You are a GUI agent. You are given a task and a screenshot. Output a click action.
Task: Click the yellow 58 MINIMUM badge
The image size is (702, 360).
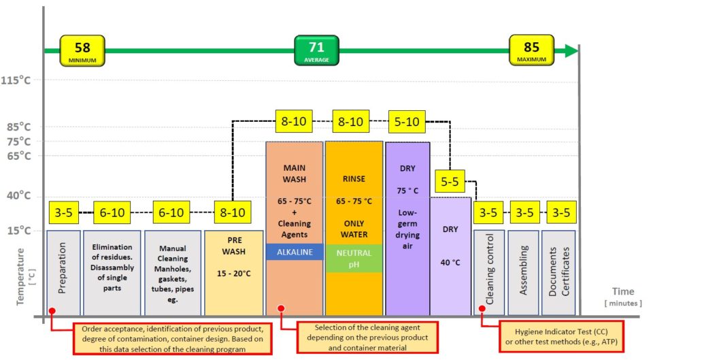[x=82, y=50]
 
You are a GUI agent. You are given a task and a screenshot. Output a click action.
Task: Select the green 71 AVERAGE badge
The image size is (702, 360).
[x=316, y=50]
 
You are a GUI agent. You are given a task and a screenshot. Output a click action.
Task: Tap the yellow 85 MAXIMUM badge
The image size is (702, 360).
[x=531, y=50]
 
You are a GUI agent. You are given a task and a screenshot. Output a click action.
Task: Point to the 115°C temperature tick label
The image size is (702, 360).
[x=16, y=80]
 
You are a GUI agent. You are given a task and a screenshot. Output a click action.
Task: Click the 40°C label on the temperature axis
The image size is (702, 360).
[x=19, y=196]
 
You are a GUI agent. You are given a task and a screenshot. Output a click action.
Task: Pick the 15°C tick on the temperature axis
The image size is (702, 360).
[x=19, y=231]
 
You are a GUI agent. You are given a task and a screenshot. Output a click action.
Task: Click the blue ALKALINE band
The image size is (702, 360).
[x=295, y=252]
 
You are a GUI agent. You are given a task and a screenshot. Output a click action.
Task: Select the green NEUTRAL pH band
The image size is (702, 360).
[x=354, y=259]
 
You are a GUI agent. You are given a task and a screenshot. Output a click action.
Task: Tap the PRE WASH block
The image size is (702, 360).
[x=234, y=273]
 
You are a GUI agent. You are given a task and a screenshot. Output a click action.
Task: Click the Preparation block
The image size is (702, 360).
[x=63, y=273]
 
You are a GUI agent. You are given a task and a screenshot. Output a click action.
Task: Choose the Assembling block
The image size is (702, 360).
[x=523, y=273]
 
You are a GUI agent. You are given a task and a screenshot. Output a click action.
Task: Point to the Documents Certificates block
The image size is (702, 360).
[x=558, y=273]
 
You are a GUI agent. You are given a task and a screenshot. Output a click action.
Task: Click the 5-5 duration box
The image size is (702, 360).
[x=450, y=181]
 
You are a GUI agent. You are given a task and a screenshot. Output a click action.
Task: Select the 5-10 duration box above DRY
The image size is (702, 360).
[x=407, y=121]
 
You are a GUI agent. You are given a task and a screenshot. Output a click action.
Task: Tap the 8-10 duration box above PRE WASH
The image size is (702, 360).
[x=233, y=212]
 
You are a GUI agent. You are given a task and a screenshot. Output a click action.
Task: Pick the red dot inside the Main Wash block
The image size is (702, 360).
[x=281, y=308]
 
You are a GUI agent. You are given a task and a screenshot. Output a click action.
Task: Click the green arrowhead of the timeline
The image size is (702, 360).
[x=571, y=50]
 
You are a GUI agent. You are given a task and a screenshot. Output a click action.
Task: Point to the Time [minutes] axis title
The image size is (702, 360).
[x=623, y=297]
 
